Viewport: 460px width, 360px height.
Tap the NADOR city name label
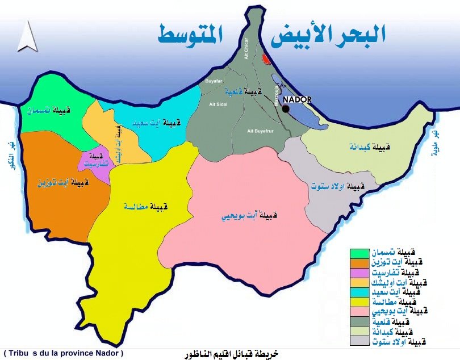(x=297, y=99)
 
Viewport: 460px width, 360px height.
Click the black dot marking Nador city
(x=286, y=108)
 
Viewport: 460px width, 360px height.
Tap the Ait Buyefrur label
(x=260, y=131)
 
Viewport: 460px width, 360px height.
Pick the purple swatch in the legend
(x=359, y=272)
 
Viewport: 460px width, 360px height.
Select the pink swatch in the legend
(x=359, y=312)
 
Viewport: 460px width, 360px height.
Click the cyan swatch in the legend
(x=359, y=292)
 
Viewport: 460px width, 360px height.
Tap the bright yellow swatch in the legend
(x=359, y=302)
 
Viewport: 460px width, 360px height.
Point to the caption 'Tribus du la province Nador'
(x=62, y=353)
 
